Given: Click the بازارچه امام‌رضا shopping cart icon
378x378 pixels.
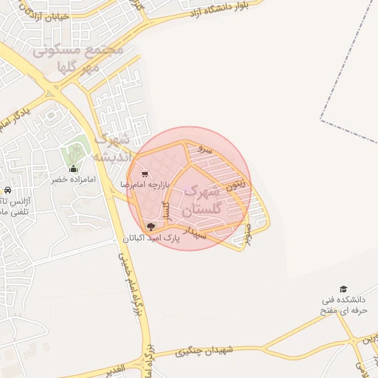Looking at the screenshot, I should pyautogui.click(x=144, y=174).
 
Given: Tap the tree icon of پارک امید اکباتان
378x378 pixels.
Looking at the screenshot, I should pyautogui.click(x=151, y=227).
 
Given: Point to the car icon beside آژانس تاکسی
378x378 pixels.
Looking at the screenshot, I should pyautogui.click(x=7, y=189).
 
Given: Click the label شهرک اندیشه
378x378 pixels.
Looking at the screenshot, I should pyautogui.click(x=114, y=148).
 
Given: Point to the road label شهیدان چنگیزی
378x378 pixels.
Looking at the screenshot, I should pyautogui.click(x=204, y=352).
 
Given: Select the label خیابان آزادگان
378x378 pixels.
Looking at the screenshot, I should pyautogui.click(x=44, y=16).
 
